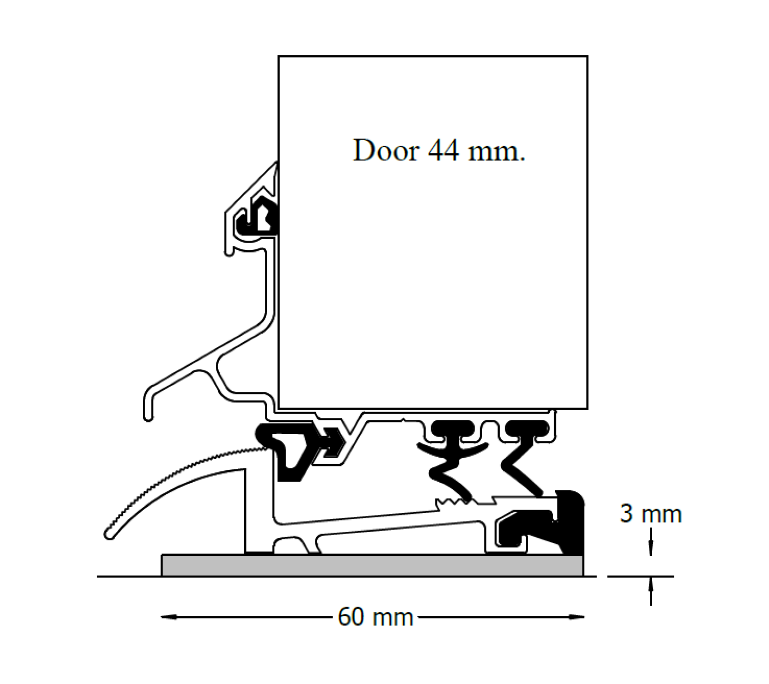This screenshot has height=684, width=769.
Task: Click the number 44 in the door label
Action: (443, 151)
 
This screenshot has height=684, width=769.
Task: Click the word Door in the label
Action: (385, 151)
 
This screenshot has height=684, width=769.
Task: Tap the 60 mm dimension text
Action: (375, 617)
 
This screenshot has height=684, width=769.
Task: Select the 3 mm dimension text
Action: (650, 514)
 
